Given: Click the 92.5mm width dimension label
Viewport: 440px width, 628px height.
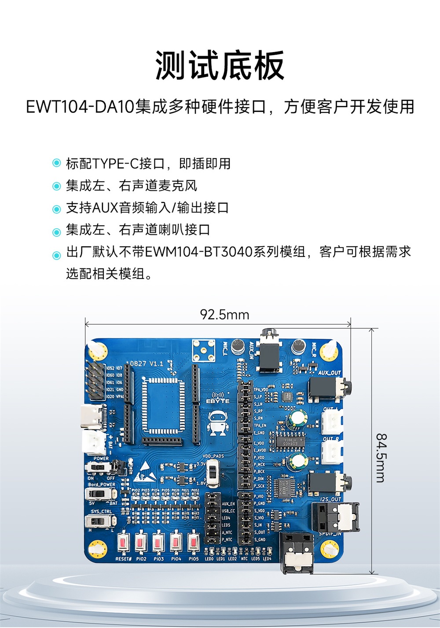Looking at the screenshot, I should point(224,315).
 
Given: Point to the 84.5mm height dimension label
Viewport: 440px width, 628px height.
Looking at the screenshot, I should point(381,457).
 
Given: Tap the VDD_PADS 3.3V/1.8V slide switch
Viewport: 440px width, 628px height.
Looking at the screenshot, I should point(213,472).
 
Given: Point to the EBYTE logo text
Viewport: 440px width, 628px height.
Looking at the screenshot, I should point(218,401).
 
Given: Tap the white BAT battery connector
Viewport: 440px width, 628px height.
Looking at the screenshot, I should point(93,442).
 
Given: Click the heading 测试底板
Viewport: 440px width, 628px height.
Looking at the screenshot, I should point(220,66).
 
